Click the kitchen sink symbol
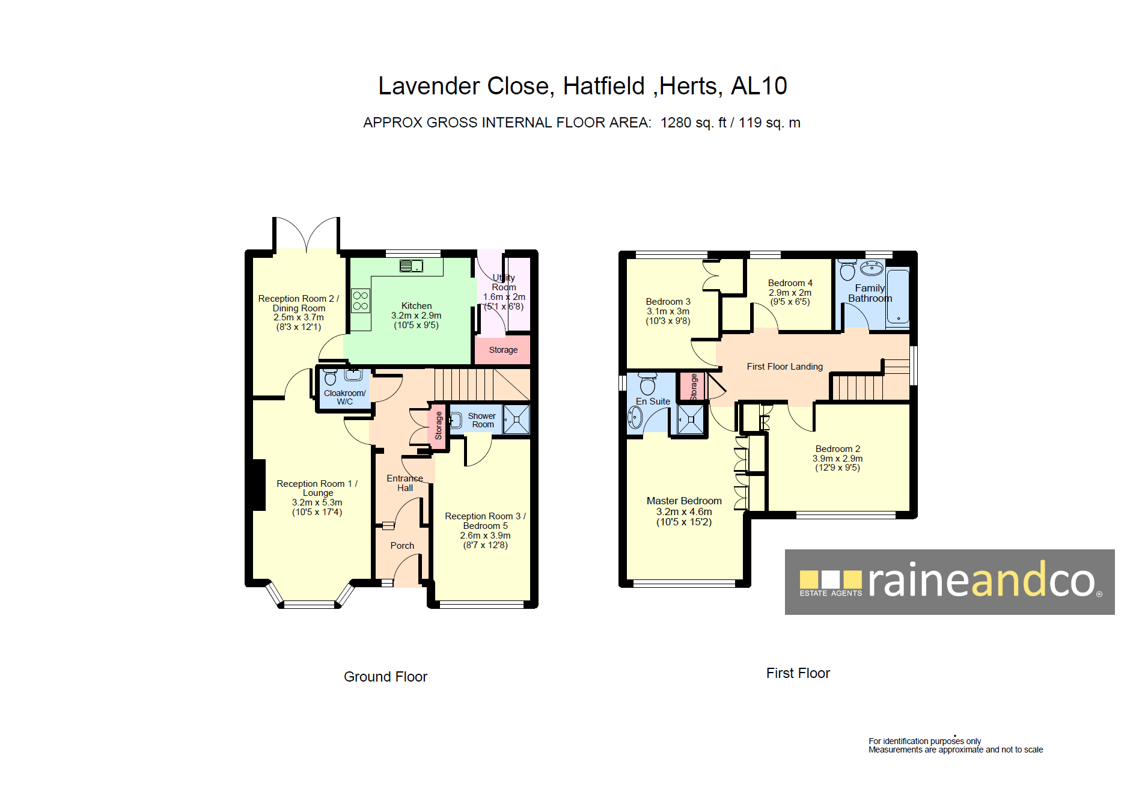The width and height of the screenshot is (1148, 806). (412, 266)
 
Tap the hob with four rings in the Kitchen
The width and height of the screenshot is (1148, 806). (361, 301)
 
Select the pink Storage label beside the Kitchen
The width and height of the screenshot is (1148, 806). (503, 350)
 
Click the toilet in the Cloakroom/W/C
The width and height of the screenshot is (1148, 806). (330, 377)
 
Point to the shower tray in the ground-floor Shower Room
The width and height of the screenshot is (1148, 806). (516, 419)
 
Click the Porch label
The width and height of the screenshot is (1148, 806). (402, 546)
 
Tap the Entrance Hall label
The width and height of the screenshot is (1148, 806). (405, 483)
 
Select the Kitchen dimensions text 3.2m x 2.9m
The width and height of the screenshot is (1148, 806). (417, 316)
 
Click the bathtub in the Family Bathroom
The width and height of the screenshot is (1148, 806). (898, 297)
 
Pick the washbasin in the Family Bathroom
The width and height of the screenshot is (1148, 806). (872, 267)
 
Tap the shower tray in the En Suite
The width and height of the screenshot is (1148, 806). (691, 419)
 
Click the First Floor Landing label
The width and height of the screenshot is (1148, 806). (785, 367)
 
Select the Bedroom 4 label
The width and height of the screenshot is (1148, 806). (790, 283)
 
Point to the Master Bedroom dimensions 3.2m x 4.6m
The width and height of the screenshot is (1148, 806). (684, 511)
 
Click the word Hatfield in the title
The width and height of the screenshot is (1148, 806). (603, 86)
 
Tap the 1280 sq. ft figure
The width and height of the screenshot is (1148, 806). (694, 123)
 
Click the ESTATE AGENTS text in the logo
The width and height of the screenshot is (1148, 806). (831, 593)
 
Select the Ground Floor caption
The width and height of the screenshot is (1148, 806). (385, 677)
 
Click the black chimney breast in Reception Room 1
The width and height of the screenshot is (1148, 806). (259, 485)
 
